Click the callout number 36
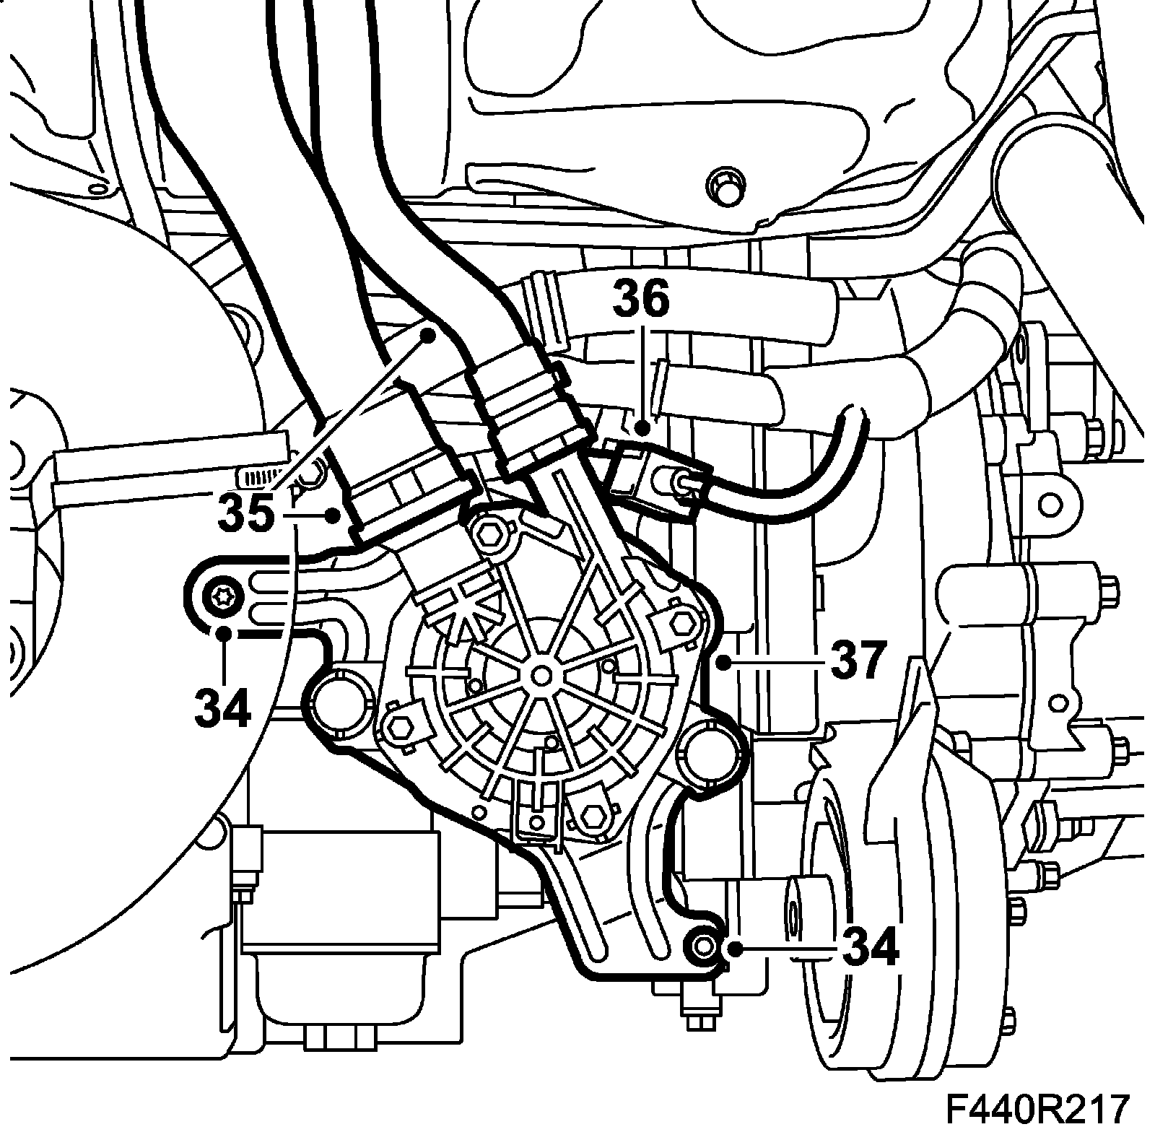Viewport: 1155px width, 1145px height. (641, 302)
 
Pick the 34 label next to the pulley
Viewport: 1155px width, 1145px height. (870, 946)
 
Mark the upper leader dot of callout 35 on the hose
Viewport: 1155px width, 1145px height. (429, 334)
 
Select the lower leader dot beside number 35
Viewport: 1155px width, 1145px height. (333, 515)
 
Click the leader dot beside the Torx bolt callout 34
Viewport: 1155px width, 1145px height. (225, 633)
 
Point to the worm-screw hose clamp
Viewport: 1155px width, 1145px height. (260, 476)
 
